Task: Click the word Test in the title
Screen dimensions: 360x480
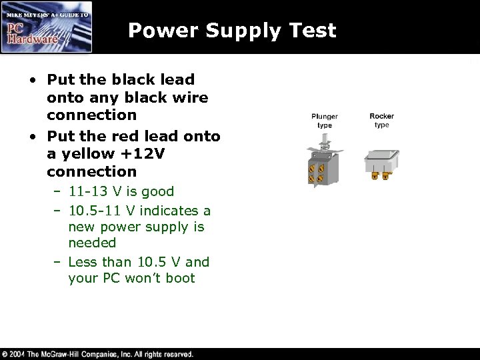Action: tap(309, 30)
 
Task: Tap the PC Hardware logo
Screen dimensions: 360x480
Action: tap(47, 27)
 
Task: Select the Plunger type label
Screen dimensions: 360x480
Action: tap(325, 121)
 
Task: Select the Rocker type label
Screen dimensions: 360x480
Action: tap(381, 121)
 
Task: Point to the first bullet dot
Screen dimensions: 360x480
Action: tap(33, 79)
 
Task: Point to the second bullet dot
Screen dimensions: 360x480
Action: tap(33, 136)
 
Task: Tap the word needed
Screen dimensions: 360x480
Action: tap(92, 243)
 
